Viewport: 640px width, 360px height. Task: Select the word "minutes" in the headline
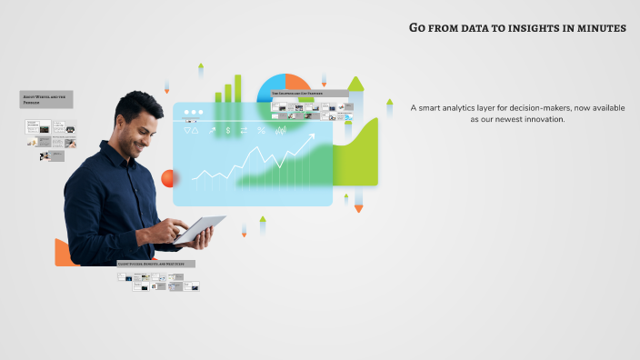click(598, 28)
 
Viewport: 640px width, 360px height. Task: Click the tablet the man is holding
click(200, 229)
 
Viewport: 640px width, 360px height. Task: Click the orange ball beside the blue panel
click(168, 178)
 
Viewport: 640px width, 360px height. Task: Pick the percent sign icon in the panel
click(262, 131)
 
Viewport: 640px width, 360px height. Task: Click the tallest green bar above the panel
click(238, 88)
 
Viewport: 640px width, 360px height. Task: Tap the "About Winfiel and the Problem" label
click(46, 99)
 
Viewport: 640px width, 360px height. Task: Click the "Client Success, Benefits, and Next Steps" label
click(155, 264)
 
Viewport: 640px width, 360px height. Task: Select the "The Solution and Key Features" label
click(310, 93)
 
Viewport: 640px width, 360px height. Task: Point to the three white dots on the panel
click(193, 113)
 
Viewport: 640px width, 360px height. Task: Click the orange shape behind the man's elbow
click(62, 254)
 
